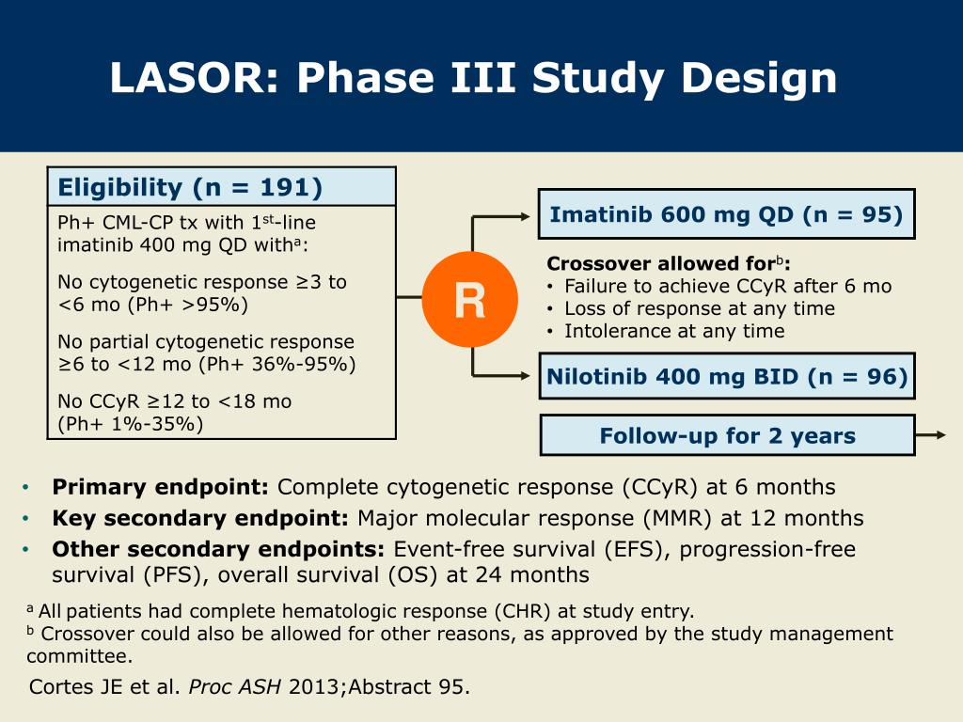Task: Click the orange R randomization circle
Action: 470,300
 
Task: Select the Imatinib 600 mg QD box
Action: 727,214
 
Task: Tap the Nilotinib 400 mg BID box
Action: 727,376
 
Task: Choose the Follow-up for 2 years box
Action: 728,435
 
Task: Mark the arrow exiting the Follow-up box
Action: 930,434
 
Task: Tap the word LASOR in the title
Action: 194,78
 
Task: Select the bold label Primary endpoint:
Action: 160,487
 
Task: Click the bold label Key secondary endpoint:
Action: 200,518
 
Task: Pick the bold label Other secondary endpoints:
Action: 218,549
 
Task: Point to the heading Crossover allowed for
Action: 661,263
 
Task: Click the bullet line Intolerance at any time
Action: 674,331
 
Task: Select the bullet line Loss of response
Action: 700,308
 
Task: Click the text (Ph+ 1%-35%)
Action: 130,424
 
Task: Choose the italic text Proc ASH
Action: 234,686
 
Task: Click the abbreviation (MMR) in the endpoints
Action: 677,518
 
